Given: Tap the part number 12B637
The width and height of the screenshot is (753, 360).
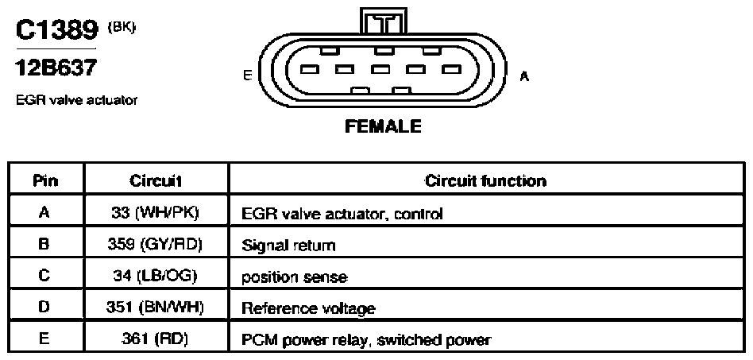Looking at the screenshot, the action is click(x=56, y=68).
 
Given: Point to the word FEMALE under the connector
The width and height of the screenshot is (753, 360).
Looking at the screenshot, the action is click(x=383, y=126).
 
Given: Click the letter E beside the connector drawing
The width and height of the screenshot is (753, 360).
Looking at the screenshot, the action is click(x=248, y=76).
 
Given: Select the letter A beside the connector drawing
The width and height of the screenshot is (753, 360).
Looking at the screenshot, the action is click(x=524, y=76).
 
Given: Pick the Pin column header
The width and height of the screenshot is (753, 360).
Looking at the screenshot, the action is click(x=45, y=180).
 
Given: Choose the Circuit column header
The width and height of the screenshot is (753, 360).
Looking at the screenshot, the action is click(x=156, y=180).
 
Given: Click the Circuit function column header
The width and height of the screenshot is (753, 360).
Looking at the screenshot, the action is click(x=485, y=180).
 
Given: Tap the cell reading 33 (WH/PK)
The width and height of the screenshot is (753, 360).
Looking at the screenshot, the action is click(x=155, y=213).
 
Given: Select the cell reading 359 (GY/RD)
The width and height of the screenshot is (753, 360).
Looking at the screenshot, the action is click(x=155, y=245).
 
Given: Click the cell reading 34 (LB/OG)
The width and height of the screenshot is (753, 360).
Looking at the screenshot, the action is click(x=155, y=277).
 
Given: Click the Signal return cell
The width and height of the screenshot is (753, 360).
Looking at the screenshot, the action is click(x=288, y=246).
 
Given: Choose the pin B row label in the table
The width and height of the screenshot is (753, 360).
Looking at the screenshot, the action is click(x=44, y=245).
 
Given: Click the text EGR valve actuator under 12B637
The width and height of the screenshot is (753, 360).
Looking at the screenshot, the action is click(x=77, y=100).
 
